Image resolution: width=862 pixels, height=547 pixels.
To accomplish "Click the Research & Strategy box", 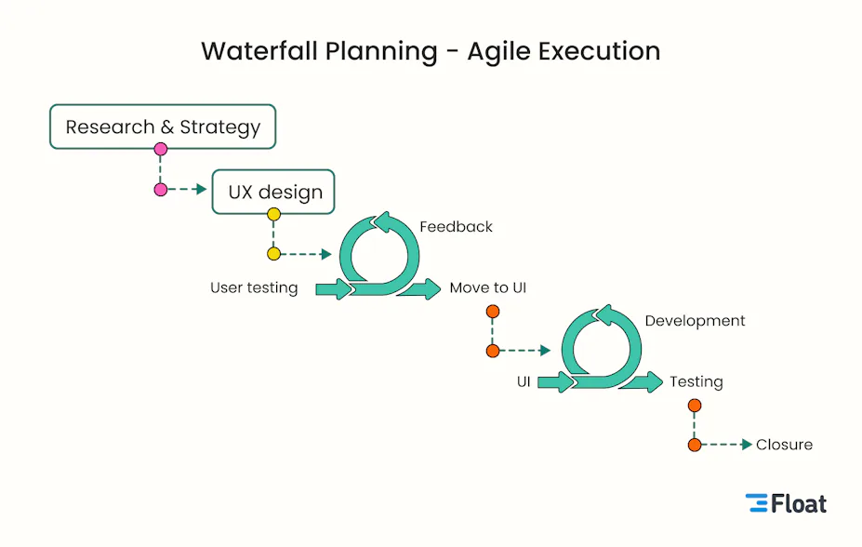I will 163,127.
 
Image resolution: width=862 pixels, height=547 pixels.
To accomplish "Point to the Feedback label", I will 456,226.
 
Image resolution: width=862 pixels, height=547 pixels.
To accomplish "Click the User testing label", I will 254,287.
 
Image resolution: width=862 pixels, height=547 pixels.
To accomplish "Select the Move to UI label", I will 487,287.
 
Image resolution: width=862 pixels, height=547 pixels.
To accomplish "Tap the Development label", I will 695,321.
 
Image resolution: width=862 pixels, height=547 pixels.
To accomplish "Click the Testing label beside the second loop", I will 696,381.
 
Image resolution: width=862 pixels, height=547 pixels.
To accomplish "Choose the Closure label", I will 784,445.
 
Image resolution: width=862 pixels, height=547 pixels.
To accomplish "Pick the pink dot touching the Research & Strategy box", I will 161,149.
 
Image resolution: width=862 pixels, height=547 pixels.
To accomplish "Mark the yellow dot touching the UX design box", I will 273,215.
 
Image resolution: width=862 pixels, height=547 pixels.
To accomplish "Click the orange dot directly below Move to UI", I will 493,312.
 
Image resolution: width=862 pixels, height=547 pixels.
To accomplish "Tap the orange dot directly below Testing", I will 695,406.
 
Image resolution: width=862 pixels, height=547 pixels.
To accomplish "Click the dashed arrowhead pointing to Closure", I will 746,445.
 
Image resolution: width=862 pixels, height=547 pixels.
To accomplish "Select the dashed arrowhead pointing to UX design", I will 201,190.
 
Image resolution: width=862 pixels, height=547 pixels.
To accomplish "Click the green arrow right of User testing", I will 334,289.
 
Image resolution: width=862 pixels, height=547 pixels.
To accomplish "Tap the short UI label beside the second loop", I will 524,381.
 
